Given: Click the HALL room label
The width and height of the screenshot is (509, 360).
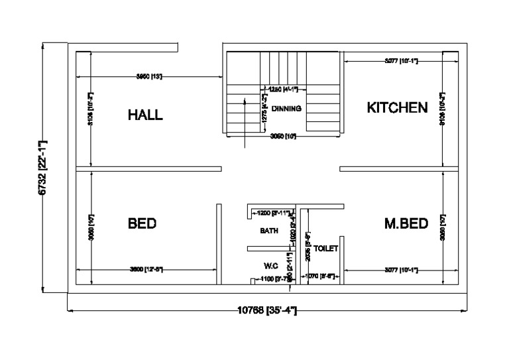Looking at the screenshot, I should [145, 115].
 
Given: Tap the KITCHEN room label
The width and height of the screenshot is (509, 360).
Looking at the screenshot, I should [397, 108].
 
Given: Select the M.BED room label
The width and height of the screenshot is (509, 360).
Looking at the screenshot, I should [406, 223].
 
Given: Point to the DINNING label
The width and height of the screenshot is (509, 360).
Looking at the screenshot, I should [286, 108].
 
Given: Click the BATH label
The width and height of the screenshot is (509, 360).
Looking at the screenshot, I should [269, 231].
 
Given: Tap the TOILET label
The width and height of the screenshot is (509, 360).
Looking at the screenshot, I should [326, 249].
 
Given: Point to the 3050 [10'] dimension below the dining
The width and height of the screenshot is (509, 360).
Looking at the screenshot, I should [283, 136].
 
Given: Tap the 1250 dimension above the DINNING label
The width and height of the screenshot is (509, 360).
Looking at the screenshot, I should [277, 89].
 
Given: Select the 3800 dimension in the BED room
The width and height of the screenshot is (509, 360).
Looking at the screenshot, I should [146, 269].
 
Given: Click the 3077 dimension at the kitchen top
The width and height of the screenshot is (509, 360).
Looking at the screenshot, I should [400, 61].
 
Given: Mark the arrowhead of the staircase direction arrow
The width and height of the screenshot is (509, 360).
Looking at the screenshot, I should [245, 99].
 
